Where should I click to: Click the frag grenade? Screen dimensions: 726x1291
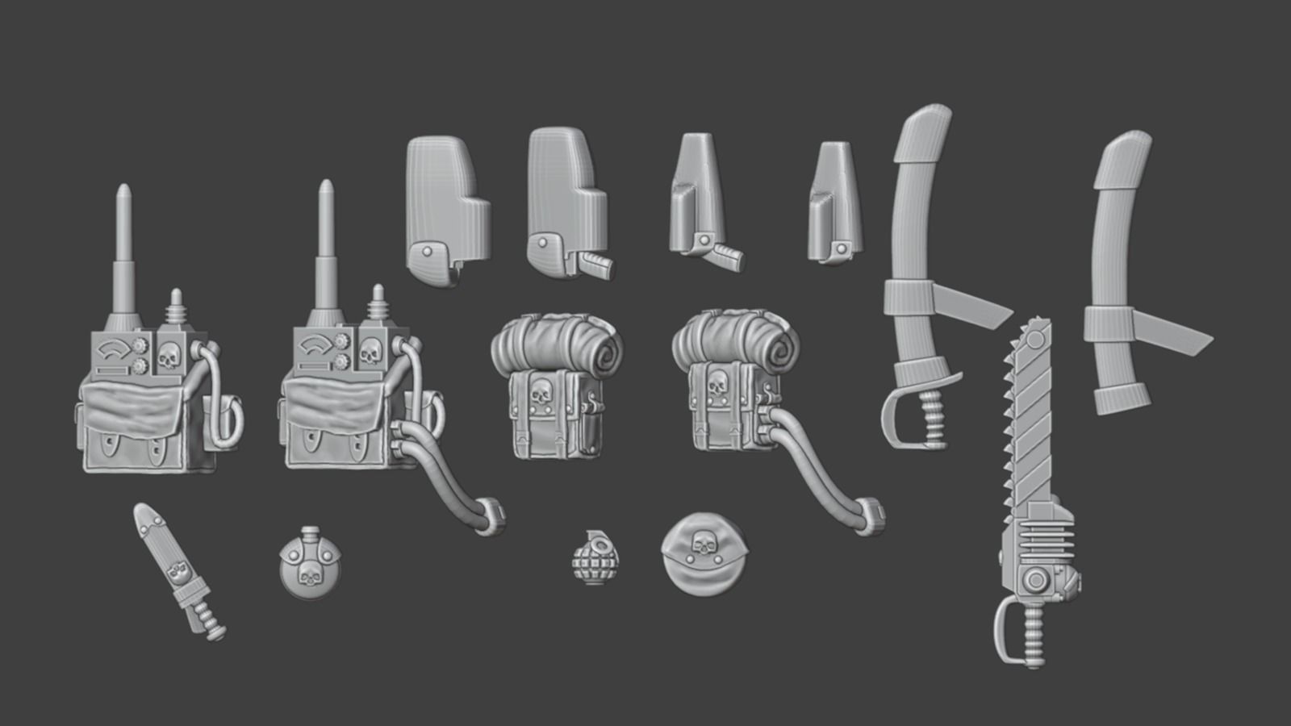(x=595, y=557)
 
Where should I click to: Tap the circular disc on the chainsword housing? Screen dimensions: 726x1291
(x=1035, y=581)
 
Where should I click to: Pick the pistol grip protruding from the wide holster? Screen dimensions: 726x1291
(x=595, y=261)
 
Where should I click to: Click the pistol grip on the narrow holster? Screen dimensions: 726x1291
(x=725, y=255)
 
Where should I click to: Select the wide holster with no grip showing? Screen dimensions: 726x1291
(x=445, y=210)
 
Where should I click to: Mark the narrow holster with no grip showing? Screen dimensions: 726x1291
(x=834, y=202)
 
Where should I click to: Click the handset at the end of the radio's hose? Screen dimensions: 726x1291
(x=491, y=515)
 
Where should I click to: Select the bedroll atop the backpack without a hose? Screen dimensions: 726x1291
(x=557, y=344)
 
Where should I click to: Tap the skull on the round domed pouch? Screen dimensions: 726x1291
(x=704, y=546)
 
